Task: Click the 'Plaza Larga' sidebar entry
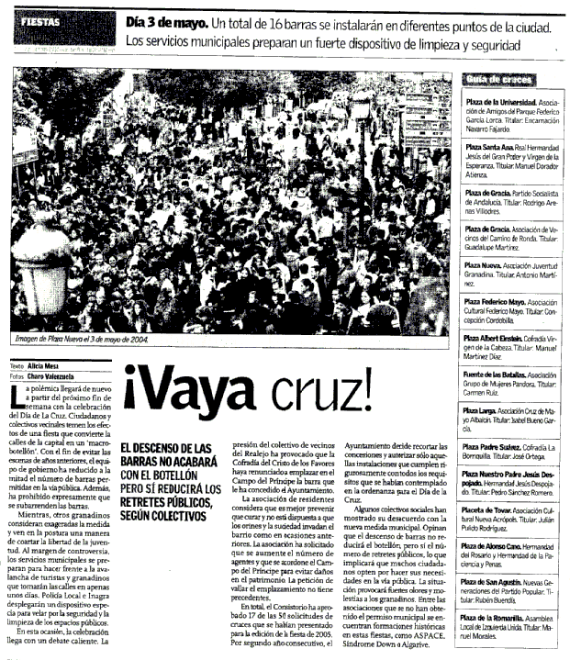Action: point(484,408)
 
